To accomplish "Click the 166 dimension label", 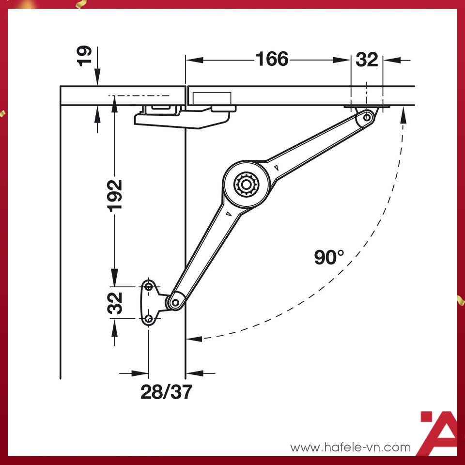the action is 272,59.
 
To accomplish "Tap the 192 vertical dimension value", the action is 114,196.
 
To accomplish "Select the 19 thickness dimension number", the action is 84,56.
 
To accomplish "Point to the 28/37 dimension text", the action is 166,392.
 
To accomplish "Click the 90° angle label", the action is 329,257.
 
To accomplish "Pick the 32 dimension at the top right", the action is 367,60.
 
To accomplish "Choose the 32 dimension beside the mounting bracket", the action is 115,303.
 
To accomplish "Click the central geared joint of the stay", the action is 246,185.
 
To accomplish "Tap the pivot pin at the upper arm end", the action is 367,117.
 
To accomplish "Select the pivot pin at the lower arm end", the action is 175,303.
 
